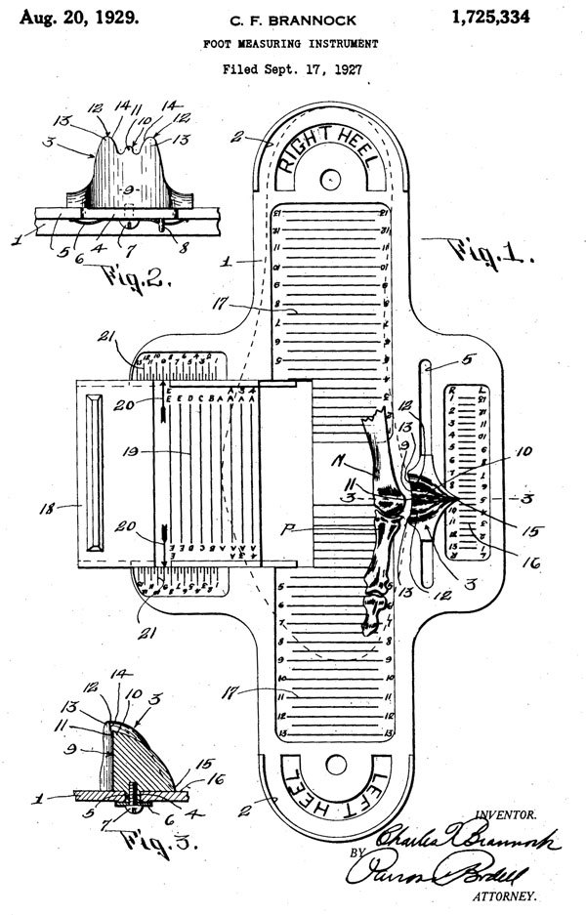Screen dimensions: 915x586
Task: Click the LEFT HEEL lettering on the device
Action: [x=329, y=779]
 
